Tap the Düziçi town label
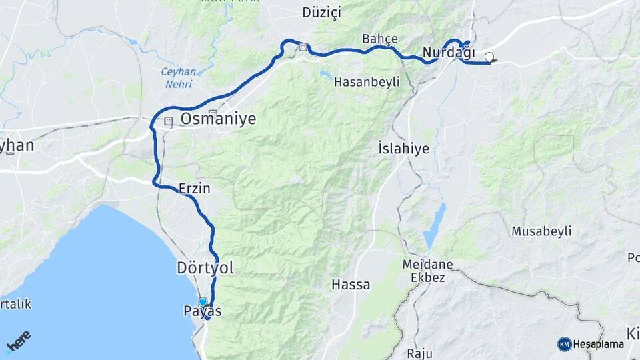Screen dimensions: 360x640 (x=321, y=13)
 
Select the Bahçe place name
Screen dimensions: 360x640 (x=380, y=39)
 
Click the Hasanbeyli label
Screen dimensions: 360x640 (x=366, y=82)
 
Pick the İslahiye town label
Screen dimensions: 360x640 (x=403, y=148)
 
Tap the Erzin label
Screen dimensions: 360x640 (x=195, y=189)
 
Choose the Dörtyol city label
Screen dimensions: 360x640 (x=205, y=268)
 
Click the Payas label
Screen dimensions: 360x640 (x=203, y=311)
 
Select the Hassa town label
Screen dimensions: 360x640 (x=351, y=285)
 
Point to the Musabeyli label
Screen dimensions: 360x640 (x=541, y=231)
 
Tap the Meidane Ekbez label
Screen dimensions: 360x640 (x=427, y=271)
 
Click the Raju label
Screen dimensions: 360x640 (x=422, y=353)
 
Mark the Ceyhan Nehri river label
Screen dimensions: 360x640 (x=176, y=78)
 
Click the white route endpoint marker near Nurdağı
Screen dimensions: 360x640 (x=490, y=57)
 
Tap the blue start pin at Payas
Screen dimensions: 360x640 (x=203, y=302)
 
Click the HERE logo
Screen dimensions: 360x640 (x=19, y=342)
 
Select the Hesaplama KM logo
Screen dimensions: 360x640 (x=591, y=344)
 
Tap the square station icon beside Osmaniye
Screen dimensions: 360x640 (x=167, y=122)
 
